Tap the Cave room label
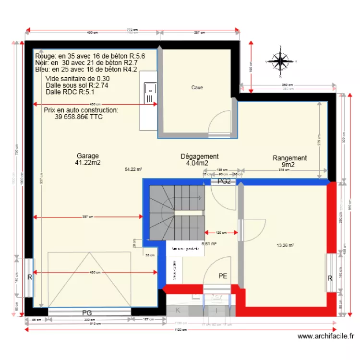click(x=197, y=87)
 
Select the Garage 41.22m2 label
click(x=88, y=159)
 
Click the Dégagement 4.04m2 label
click(x=199, y=159)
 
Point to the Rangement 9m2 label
click(x=289, y=161)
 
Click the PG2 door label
click(x=225, y=182)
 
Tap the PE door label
click(x=222, y=276)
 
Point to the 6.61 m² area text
click(x=209, y=243)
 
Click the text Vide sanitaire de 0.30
click(x=77, y=79)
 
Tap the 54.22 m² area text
click(x=133, y=169)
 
